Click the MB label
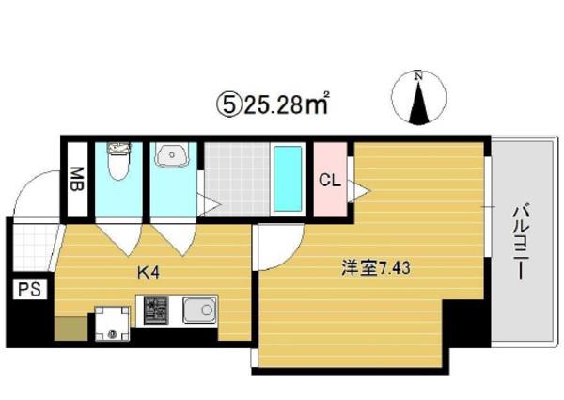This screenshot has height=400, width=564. click(x=77, y=179)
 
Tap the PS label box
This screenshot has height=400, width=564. click(x=30, y=289)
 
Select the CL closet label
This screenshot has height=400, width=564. click(x=330, y=180)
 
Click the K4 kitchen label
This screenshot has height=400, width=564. click(x=149, y=273)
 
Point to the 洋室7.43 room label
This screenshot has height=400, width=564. click(x=375, y=268)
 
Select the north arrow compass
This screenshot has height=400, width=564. click(x=418, y=98)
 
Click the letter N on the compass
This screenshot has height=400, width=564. click(x=418, y=75)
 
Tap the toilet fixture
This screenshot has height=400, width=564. click(x=118, y=161)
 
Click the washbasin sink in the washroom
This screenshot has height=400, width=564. click(x=172, y=155)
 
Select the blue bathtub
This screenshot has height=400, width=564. click(x=288, y=179)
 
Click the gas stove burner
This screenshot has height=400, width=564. click(x=156, y=310)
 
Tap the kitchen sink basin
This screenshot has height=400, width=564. click(x=199, y=310)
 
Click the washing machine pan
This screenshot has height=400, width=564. click(x=112, y=324)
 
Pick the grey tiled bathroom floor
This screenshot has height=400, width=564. click(x=237, y=179)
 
